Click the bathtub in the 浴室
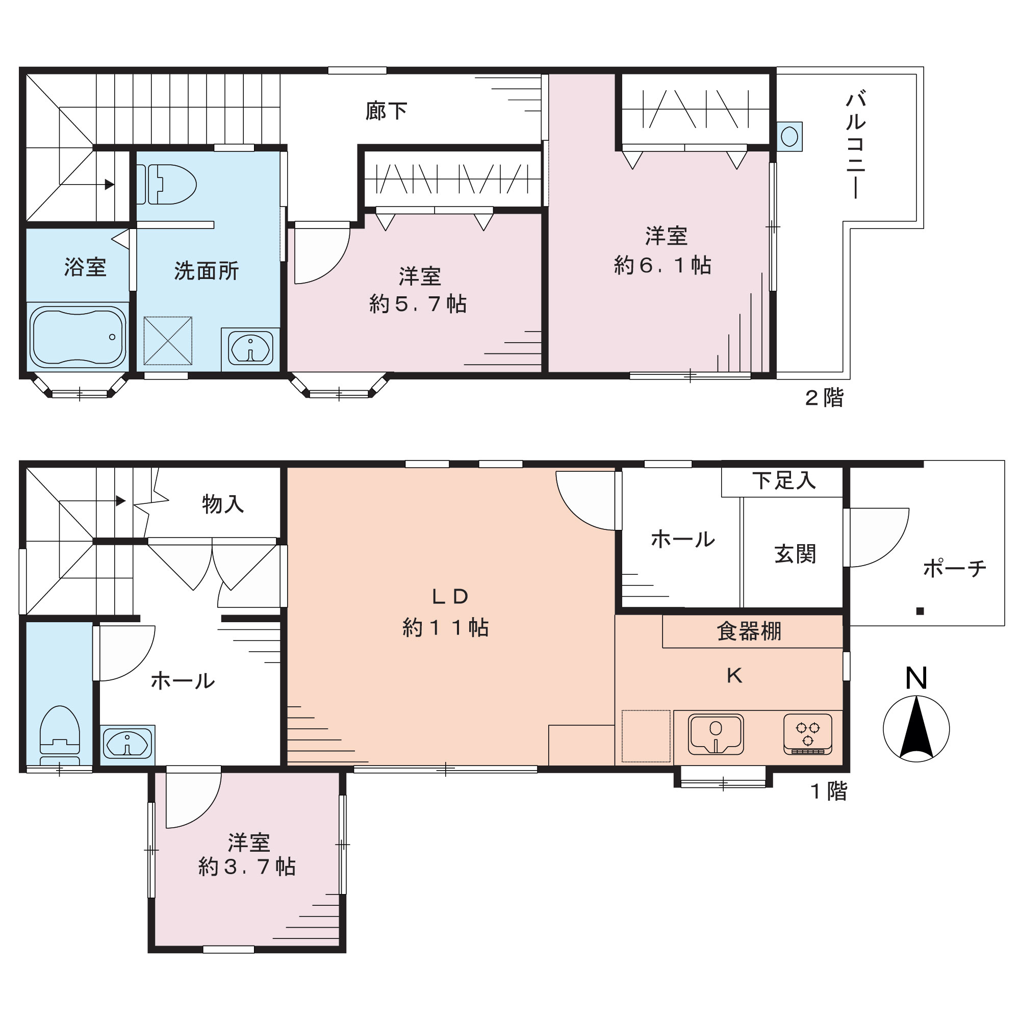click(78, 337)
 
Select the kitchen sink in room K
click(716, 734)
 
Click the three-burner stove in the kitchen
click(808, 734)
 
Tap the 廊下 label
click(387, 111)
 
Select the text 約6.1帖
click(662, 265)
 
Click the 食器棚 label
click(749, 631)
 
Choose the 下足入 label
click(784, 480)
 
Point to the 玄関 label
click(796, 554)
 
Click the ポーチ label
click(955, 569)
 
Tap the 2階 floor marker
click(824, 398)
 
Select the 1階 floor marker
click(829, 792)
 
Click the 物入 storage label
click(223, 504)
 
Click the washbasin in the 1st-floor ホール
click(127, 745)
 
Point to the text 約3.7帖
click(247, 867)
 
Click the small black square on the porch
click(920, 611)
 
